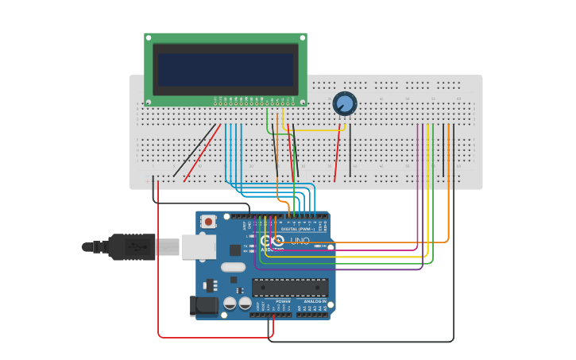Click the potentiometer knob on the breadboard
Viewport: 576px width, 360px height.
coord(344,103)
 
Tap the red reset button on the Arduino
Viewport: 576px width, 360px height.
coord(209,222)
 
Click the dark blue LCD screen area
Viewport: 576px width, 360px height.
coord(225,70)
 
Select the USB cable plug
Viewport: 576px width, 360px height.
coord(131,247)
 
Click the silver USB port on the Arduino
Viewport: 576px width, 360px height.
coord(198,247)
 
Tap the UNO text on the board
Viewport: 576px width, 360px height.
coord(300,241)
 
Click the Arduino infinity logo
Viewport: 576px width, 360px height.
coord(272,241)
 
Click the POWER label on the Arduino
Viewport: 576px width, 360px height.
coord(283,302)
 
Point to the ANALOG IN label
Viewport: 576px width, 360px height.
coord(313,302)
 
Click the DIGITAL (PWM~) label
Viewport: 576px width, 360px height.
coord(300,229)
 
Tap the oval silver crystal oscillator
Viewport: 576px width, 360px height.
coord(233,267)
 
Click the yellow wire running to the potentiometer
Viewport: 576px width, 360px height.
coord(314,130)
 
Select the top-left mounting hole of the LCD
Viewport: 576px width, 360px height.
coord(149,37)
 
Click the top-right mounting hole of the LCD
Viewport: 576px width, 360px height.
coord(303,37)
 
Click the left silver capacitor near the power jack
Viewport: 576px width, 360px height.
coord(230,304)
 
